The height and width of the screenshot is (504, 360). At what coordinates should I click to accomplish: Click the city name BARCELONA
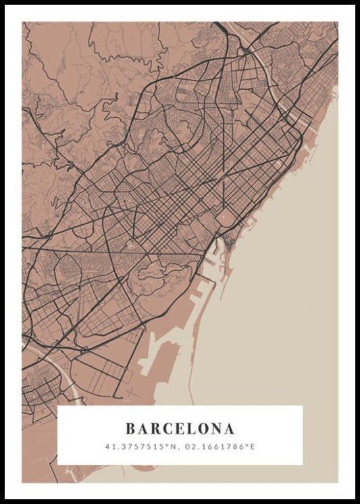pos(180,428)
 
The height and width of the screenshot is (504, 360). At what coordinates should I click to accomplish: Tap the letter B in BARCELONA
pos(130,428)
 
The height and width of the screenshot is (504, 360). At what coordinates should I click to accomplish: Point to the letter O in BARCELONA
pos(205,428)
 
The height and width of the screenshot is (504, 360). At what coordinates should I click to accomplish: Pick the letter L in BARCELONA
pos(192,428)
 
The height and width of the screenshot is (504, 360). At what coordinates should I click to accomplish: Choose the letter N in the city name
pos(217,428)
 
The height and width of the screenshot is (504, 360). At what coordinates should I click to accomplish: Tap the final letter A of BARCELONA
pos(230,428)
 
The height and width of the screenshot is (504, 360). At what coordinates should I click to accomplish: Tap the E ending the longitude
pos(255,447)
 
